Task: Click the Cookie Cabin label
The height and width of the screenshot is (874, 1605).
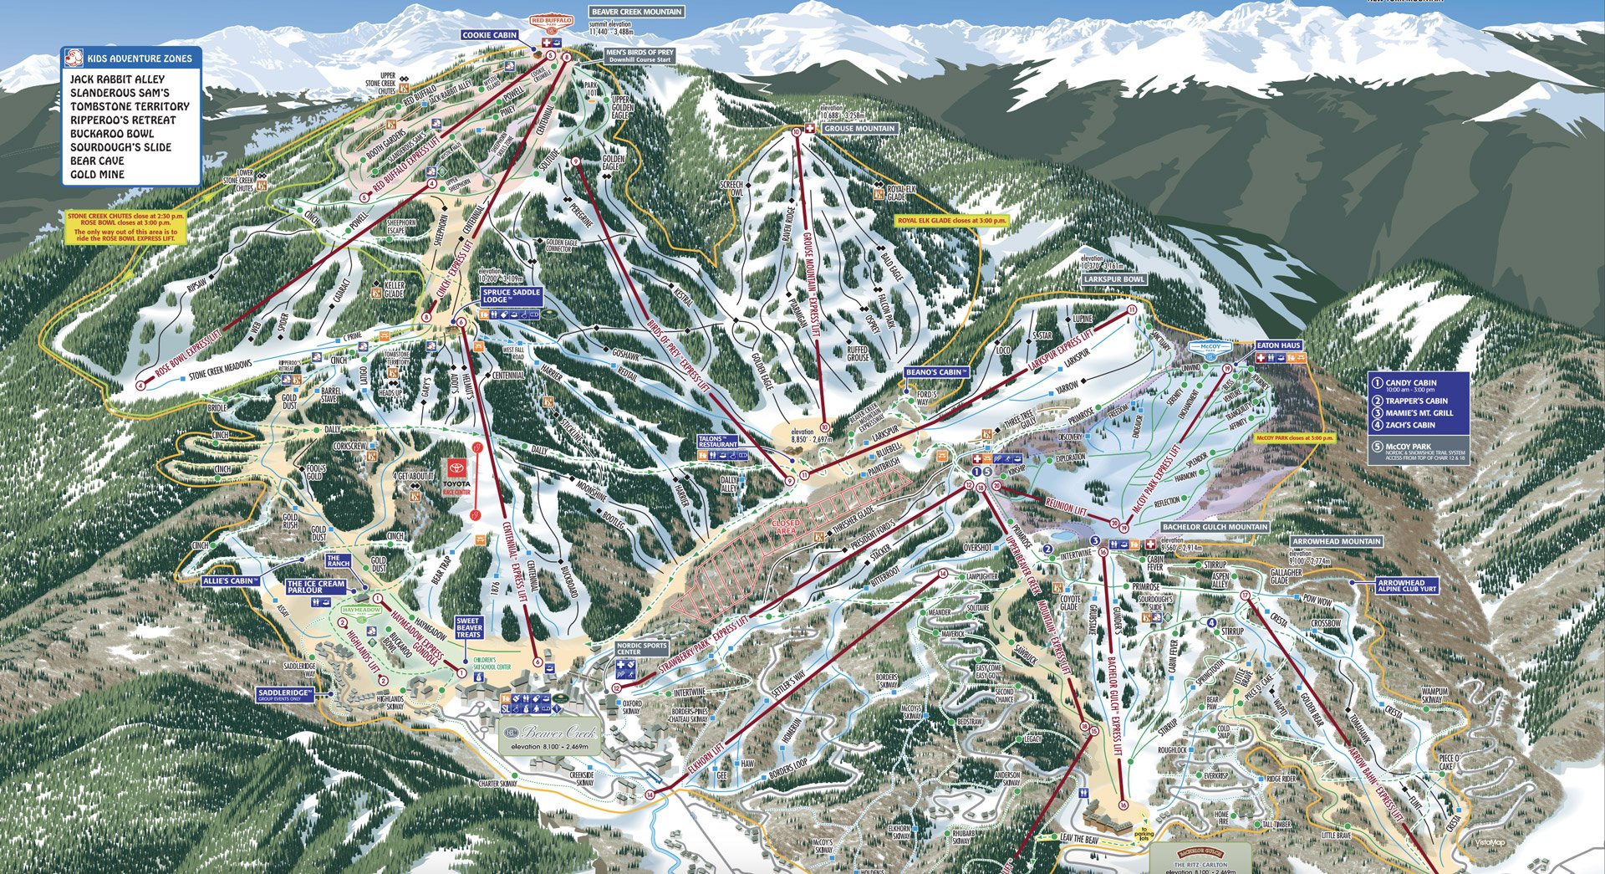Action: (490, 35)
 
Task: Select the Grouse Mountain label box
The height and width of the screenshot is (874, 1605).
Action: (859, 129)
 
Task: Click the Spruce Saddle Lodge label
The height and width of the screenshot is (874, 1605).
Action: (512, 296)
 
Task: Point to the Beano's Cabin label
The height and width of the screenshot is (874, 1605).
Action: (935, 372)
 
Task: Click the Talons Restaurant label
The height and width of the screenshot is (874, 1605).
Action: (718, 441)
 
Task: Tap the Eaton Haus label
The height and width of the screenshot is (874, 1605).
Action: (1279, 345)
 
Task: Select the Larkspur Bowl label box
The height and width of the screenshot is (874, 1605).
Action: (1114, 279)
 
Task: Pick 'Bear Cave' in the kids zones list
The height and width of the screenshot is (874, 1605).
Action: (97, 161)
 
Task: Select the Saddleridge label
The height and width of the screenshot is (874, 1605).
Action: (284, 695)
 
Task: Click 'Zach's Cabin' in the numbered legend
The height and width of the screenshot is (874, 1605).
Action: (1412, 425)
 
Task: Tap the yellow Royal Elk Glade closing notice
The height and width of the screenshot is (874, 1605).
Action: (951, 221)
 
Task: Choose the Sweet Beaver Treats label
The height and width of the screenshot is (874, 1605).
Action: (469, 628)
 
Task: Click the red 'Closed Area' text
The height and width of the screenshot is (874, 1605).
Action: (786, 527)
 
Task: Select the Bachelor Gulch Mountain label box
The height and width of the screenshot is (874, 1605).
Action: (1215, 528)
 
